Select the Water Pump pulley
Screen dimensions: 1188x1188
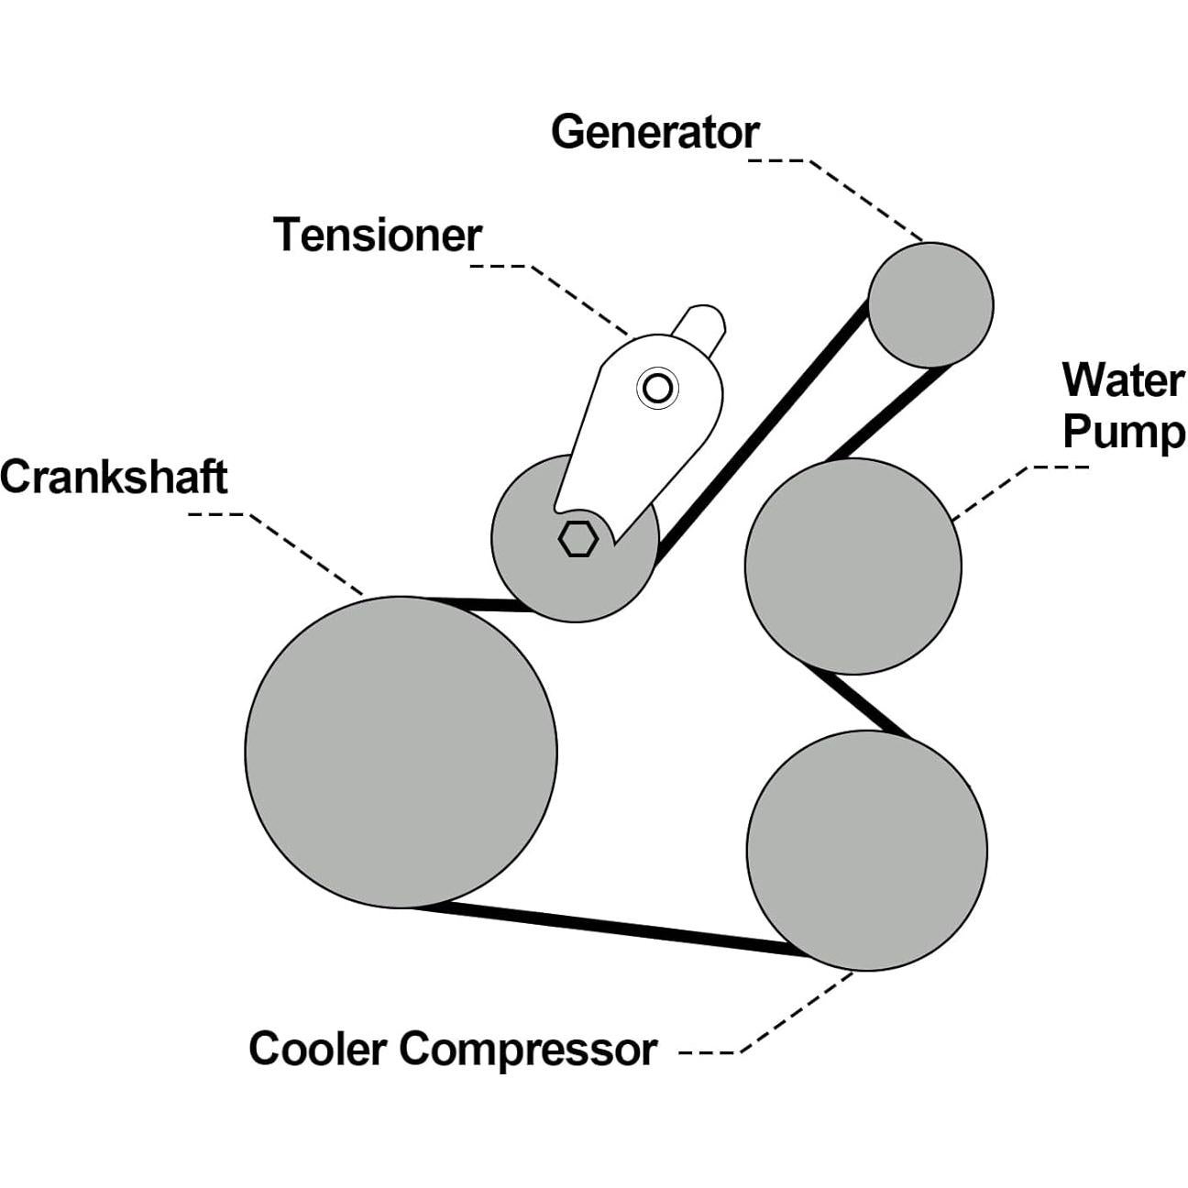pos(852,566)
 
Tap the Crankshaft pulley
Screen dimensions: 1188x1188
pos(401,752)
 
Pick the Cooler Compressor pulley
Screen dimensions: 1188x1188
pos(866,850)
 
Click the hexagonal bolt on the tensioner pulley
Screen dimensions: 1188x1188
pos(577,539)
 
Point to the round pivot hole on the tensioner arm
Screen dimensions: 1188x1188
pos(657,389)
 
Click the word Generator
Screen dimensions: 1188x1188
pos(654,132)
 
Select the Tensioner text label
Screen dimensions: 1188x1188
pos(378,236)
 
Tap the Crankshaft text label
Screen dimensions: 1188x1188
pos(114,478)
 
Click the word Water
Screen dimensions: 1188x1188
pos(1123,379)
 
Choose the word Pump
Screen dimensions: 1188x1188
pos(1123,431)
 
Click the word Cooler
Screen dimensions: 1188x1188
pos(316,1049)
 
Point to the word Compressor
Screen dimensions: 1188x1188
pos(528,1049)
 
